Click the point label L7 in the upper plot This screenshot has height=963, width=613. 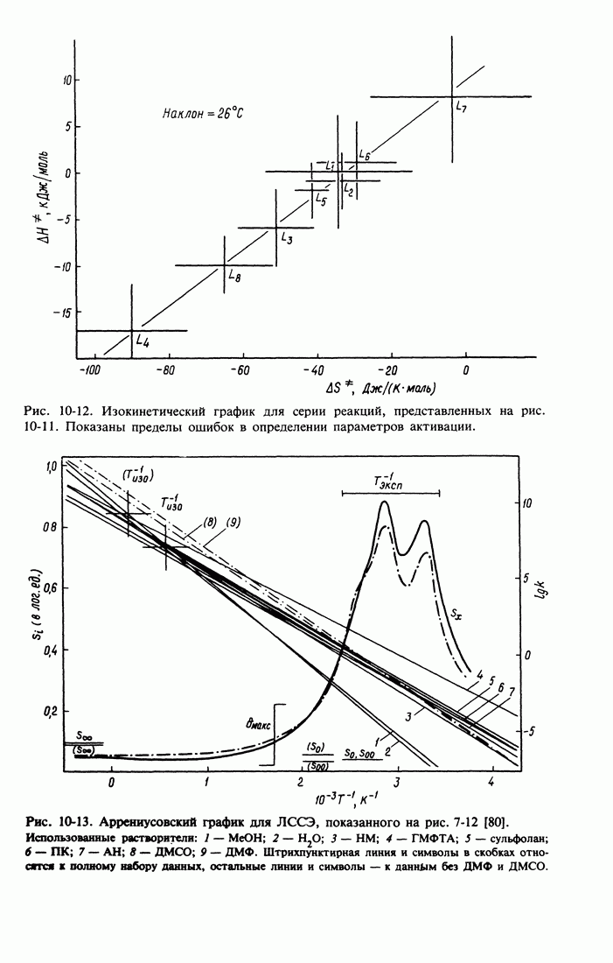[462, 107]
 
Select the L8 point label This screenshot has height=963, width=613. [234, 276]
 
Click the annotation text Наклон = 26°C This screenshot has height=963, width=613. [203, 112]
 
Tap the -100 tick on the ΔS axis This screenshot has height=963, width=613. [88, 370]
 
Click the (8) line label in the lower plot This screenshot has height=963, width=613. [211, 522]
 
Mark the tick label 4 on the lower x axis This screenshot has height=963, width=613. [492, 782]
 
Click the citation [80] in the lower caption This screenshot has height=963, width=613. [496, 821]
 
